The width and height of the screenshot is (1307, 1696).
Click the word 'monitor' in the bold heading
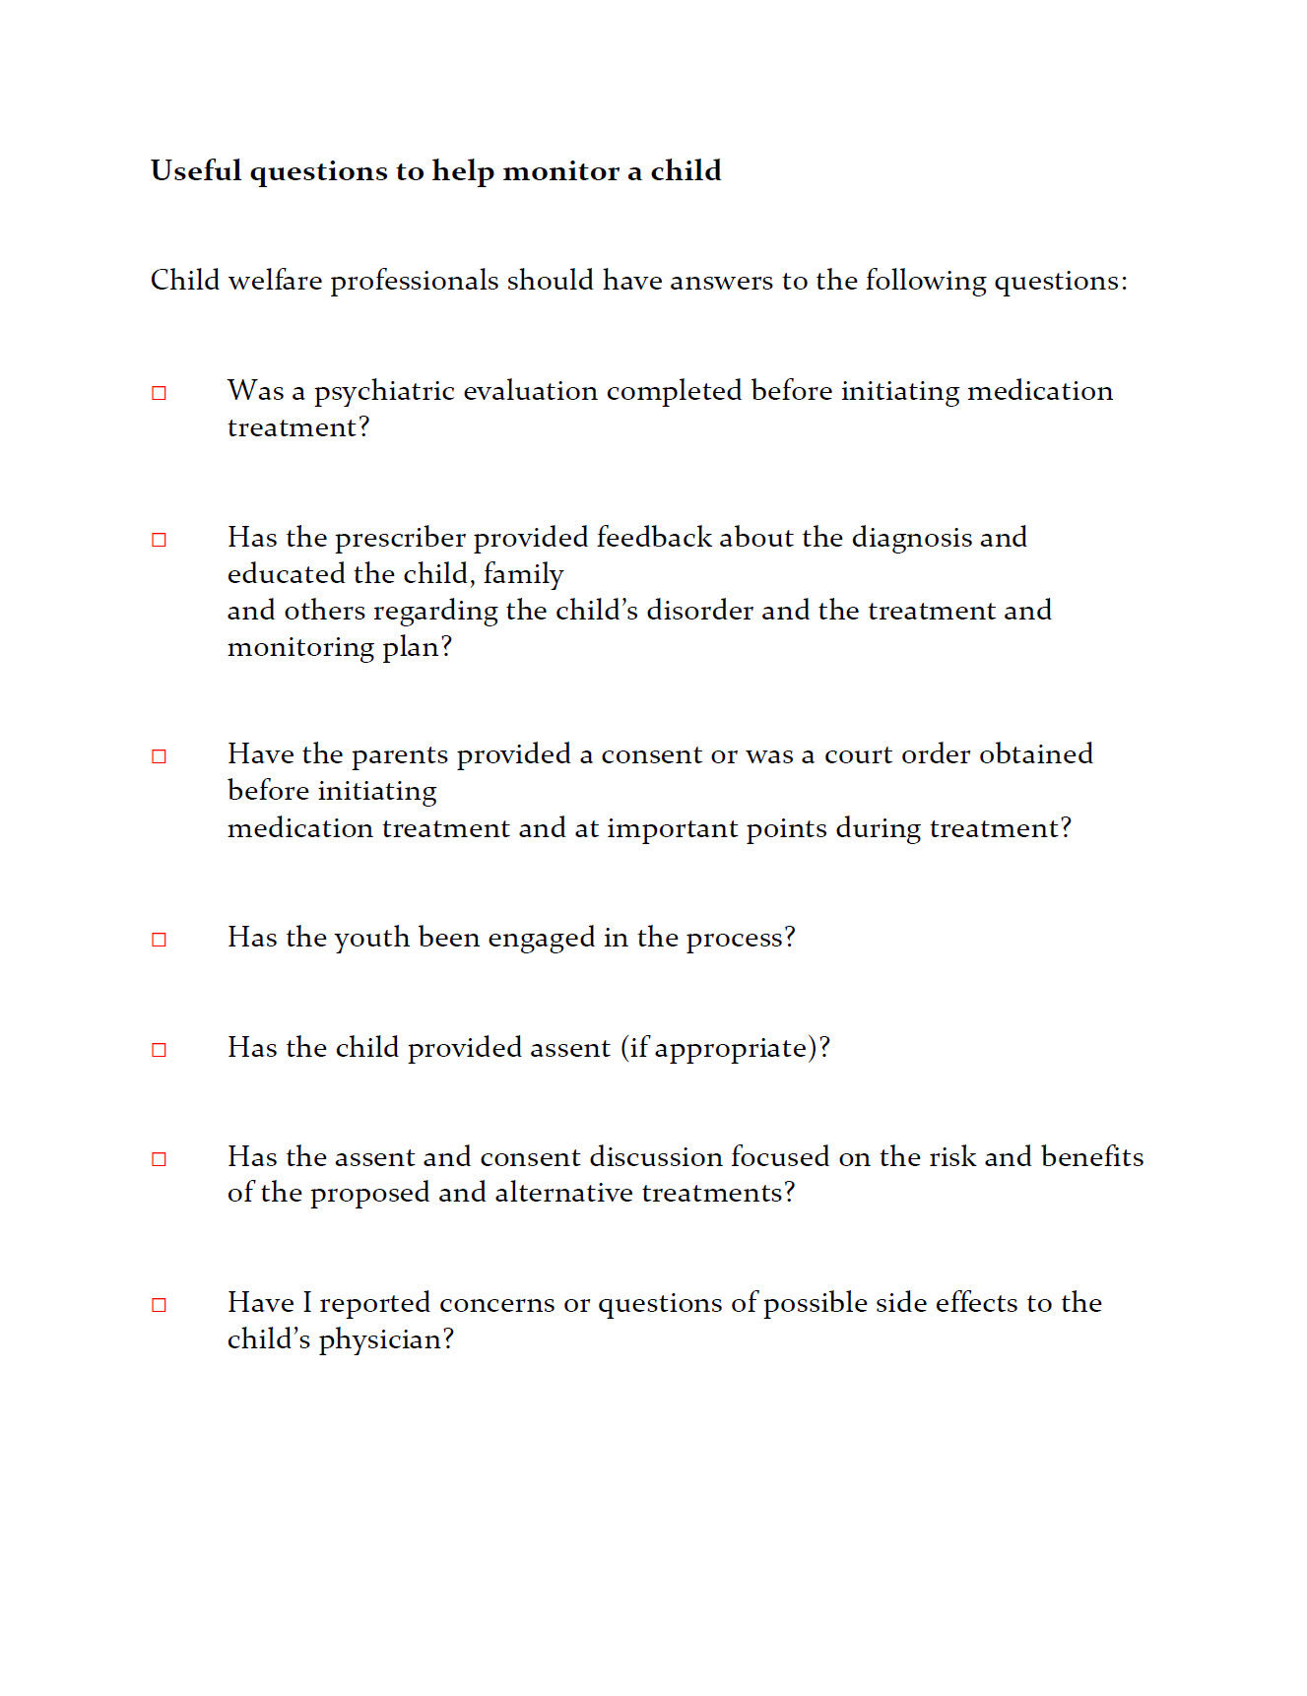tap(561, 171)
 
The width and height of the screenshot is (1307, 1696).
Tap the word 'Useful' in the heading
tap(196, 171)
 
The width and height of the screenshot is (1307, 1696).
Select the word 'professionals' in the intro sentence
tap(414, 281)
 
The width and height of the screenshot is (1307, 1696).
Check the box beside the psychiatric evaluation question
tap(159, 393)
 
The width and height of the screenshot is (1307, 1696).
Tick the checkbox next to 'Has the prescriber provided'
tap(159, 540)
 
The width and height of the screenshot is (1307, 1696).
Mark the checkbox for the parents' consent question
tap(159, 756)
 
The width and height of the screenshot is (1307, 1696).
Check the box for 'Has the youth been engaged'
tap(159, 940)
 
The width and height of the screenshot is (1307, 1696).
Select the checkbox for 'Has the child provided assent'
tap(159, 1050)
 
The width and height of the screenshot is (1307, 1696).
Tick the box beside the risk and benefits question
tap(159, 1159)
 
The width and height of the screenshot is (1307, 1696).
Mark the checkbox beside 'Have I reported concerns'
tap(159, 1305)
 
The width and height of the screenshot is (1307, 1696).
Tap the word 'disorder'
tap(699, 611)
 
